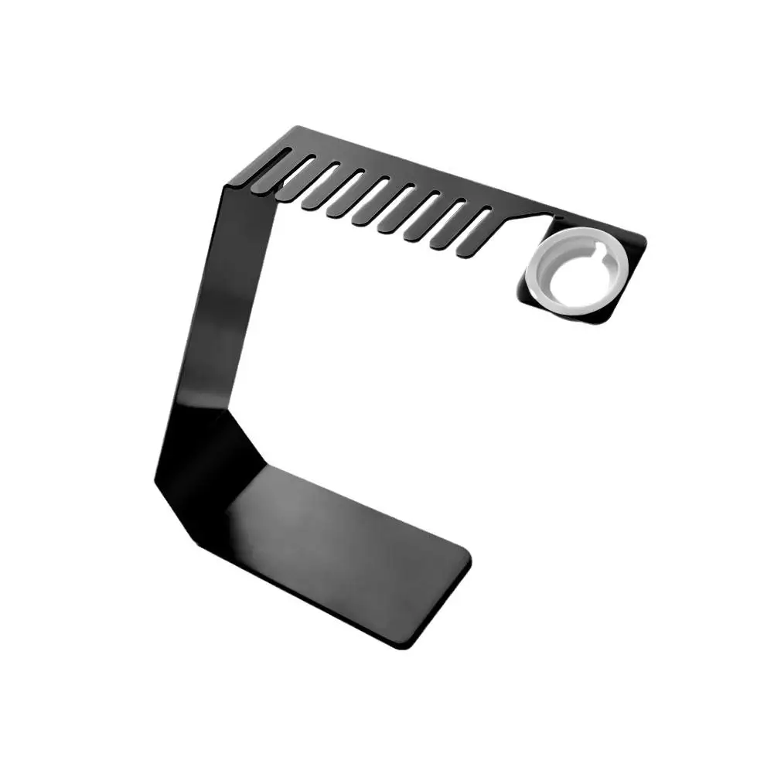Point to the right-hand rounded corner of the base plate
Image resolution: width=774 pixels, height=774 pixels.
[465, 554]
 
